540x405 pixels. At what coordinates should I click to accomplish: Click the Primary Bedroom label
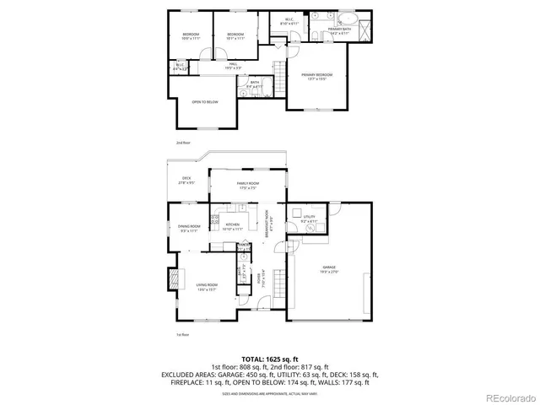317,76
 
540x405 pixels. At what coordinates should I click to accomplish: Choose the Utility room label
309,219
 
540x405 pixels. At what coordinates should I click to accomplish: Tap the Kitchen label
233,226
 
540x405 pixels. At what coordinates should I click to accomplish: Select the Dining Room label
189,228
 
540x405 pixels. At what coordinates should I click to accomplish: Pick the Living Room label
208,286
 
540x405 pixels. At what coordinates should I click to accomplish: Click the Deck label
186,179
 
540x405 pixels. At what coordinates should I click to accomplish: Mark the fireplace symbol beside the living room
175,279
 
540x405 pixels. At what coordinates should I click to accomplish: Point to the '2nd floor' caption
183,143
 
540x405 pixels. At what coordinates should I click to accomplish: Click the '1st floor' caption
182,335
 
